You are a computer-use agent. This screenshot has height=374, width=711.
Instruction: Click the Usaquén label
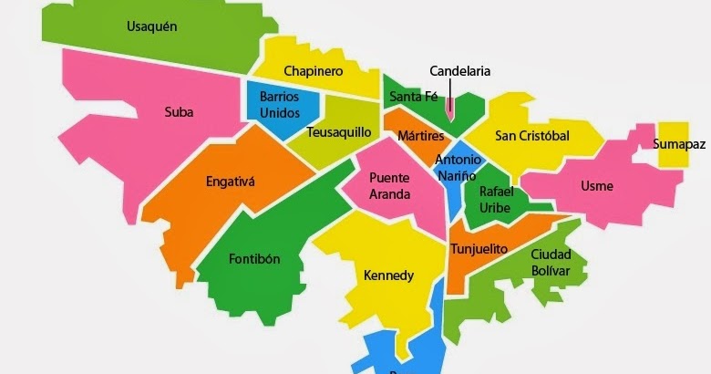pos(151,26)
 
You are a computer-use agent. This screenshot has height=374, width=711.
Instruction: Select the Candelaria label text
pos(460,70)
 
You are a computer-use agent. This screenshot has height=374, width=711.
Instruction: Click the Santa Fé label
pos(413,96)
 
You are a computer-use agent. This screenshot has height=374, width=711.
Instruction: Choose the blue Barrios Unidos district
pos(279,103)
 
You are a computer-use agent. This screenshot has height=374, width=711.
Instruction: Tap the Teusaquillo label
pos(338,132)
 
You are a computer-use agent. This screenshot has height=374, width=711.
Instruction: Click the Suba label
pos(179,112)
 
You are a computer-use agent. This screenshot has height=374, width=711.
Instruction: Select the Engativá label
pos(231,182)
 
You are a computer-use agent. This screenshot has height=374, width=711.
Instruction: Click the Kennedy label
pos(388,275)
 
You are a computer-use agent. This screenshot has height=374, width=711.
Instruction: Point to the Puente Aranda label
pos(389,185)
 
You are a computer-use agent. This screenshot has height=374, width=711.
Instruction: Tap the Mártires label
pos(420,136)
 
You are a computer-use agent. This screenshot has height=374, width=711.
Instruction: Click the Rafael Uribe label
pos(497,199)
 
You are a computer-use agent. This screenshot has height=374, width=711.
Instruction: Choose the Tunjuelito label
pos(479,249)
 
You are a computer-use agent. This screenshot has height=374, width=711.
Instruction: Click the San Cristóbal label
pos(531,136)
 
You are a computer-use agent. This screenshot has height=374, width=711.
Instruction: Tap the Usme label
pos(597,186)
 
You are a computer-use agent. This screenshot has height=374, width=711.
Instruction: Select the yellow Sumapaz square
pos(674,144)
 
